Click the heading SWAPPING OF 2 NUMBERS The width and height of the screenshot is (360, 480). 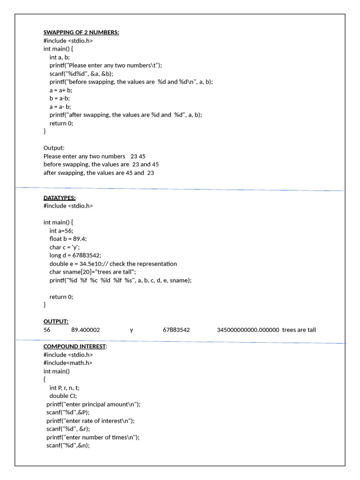pyautogui.click(x=81, y=32)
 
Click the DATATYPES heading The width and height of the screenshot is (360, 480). pyautogui.click(x=60, y=198)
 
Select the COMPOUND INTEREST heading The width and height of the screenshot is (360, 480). pyautogui.click(x=75, y=346)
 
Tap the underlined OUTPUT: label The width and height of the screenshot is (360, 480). pyautogui.click(x=56, y=322)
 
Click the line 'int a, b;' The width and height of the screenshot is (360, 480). pyautogui.click(x=60, y=57)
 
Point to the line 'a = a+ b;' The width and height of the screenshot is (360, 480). pyautogui.click(x=61, y=90)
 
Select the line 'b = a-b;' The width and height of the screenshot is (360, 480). pyautogui.click(x=60, y=98)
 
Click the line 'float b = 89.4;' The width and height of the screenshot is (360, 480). pyautogui.click(x=68, y=239)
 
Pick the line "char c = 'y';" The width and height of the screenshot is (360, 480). pyautogui.click(x=64, y=247)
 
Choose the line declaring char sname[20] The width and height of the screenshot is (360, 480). pyautogui.click(x=92, y=272)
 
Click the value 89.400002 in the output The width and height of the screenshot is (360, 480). pyautogui.click(x=85, y=330)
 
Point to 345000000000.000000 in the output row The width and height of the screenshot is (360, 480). pyautogui.click(x=248, y=330)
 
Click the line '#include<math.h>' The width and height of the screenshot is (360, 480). pyautogui.click(x=68, y=363)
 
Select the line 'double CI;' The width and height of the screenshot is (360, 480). pyautogui.click(x=63, y=396)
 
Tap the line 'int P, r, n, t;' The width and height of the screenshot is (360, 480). pyautogui.click(x=67, y=388)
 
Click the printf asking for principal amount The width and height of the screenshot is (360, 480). pyautogui.click(x=93, y=404)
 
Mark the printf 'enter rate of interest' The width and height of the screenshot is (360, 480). pyautogui.click(x=90, y=421)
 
